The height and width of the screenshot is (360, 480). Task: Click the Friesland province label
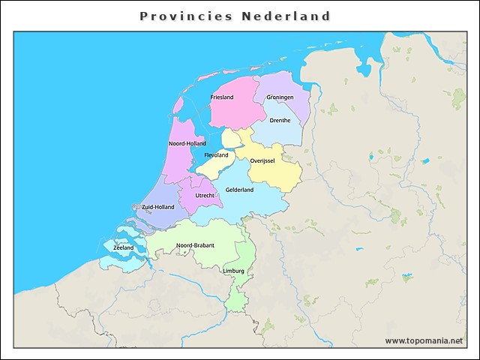[222, 97]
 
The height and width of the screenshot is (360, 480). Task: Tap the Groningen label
[280, 97]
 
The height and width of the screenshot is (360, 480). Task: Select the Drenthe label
[280, 120]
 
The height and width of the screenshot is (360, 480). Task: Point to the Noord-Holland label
[187, 143]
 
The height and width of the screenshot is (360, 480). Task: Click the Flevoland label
[216, 155]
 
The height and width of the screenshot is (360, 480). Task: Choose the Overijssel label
[263, 160]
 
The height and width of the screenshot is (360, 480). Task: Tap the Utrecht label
[205, 196]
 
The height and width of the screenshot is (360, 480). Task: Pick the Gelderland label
[239, 190]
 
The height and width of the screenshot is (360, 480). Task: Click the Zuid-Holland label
[157, 207]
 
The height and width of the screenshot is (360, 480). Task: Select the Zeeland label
[123, 247]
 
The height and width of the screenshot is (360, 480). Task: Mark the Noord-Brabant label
[195, 245]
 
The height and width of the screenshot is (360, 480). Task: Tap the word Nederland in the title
[286, 16]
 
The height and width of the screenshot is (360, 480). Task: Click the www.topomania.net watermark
[424, 340]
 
